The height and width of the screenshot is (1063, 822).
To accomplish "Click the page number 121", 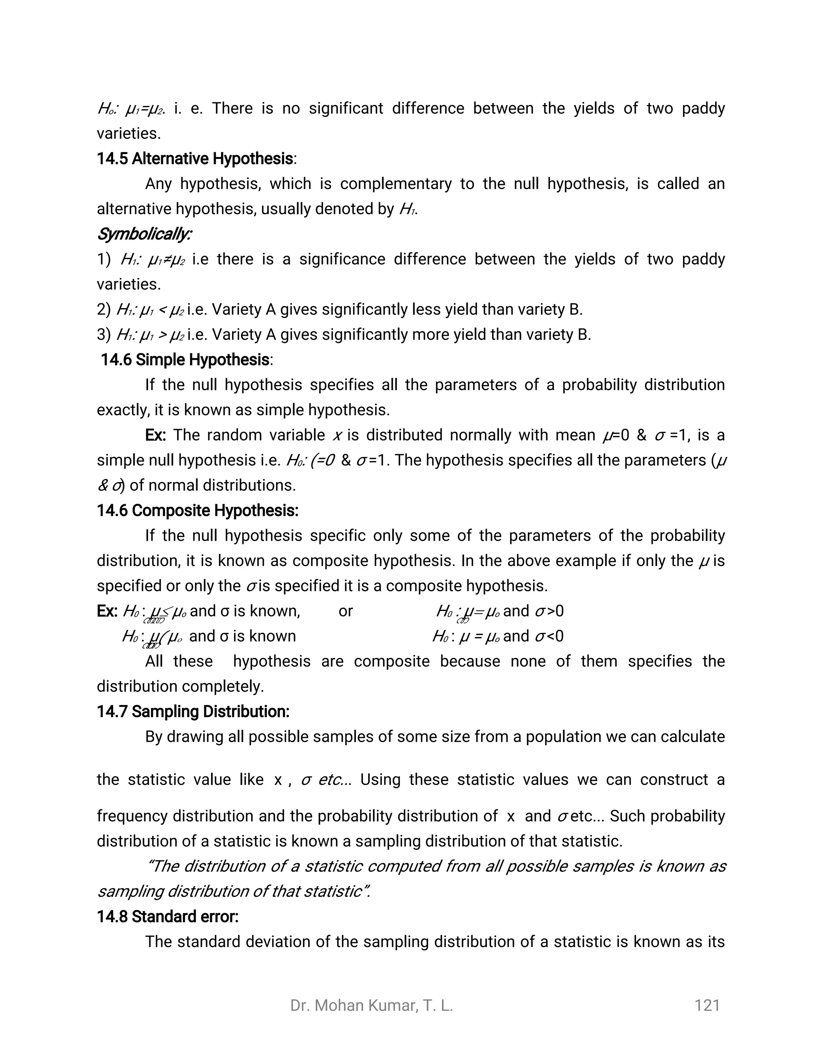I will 707,1006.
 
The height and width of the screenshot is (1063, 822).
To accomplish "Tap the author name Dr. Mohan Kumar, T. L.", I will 372,1006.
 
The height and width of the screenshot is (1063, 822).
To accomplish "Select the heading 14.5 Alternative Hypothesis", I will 195,159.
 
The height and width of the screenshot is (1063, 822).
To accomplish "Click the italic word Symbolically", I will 144,234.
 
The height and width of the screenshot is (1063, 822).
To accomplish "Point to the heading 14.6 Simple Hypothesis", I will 185,360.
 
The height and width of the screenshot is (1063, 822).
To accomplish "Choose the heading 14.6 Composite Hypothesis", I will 197,511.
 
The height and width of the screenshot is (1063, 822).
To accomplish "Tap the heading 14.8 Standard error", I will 167,917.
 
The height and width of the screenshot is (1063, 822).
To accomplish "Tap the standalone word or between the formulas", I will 345,611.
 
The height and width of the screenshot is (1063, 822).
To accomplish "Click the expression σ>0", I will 549,611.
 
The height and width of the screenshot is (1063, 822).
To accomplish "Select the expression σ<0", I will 549,636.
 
